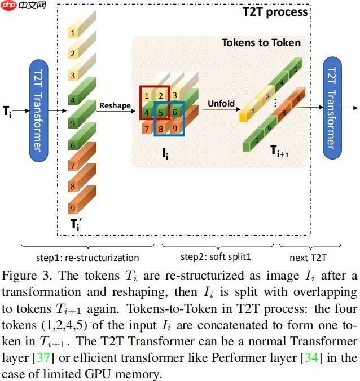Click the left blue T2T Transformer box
coord(37,110)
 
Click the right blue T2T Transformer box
coord(331,108)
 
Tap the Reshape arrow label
coord(115,105)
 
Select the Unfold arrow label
coord(221,104)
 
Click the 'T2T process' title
coord(275,11)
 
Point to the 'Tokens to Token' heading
coord(261,43)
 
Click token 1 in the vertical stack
coord(73,33)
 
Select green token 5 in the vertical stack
coord(73,123)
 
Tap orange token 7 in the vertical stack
coord(73,166)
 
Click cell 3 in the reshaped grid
coord(175,96)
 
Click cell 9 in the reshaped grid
coord(175,130)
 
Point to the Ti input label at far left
coord(7,112)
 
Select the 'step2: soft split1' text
coord(216,257)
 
